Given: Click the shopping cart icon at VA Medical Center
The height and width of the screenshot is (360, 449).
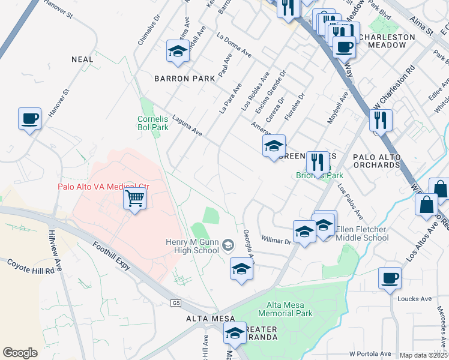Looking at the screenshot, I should pos(136,198).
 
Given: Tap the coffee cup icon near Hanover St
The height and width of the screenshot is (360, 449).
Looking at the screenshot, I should pos(29,119).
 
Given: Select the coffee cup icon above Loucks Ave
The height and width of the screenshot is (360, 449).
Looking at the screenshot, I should pos(390,278).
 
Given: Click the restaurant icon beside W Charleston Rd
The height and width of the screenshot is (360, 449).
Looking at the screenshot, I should pos(381,121).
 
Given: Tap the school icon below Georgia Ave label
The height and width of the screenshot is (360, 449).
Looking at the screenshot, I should pos(241,269).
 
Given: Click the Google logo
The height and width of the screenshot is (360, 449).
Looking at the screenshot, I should pos(20,352).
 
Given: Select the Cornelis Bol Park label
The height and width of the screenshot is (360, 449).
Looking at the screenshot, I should pos(152,123).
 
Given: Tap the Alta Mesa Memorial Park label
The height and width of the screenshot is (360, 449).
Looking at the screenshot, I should pos(285,309).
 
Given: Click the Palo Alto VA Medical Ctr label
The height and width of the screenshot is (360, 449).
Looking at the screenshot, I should pos(103,187).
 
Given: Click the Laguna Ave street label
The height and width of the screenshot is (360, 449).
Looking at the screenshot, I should pos(187,126).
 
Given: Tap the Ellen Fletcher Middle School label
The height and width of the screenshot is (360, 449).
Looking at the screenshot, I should pos(362,233).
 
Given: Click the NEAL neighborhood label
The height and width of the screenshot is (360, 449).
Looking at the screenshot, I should pos(82,59).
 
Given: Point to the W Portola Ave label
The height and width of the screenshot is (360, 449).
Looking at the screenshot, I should pos(370,354).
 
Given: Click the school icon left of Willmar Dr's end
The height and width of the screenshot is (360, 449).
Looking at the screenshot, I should pos(304,232).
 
